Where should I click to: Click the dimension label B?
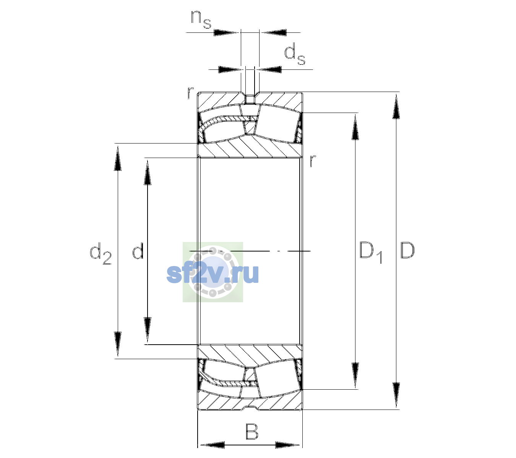tap(252, 431)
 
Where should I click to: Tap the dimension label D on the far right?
tap(407, 250)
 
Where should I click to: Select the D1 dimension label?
tap(371, 253)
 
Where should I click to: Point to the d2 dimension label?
tap(101, 253)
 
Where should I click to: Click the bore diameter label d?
tap(138, 250)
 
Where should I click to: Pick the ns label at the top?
tap(201, 20)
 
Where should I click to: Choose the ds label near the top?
tap(294, 54)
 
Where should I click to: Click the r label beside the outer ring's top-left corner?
tap(190, 93)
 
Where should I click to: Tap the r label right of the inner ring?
tap(313, 161)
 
